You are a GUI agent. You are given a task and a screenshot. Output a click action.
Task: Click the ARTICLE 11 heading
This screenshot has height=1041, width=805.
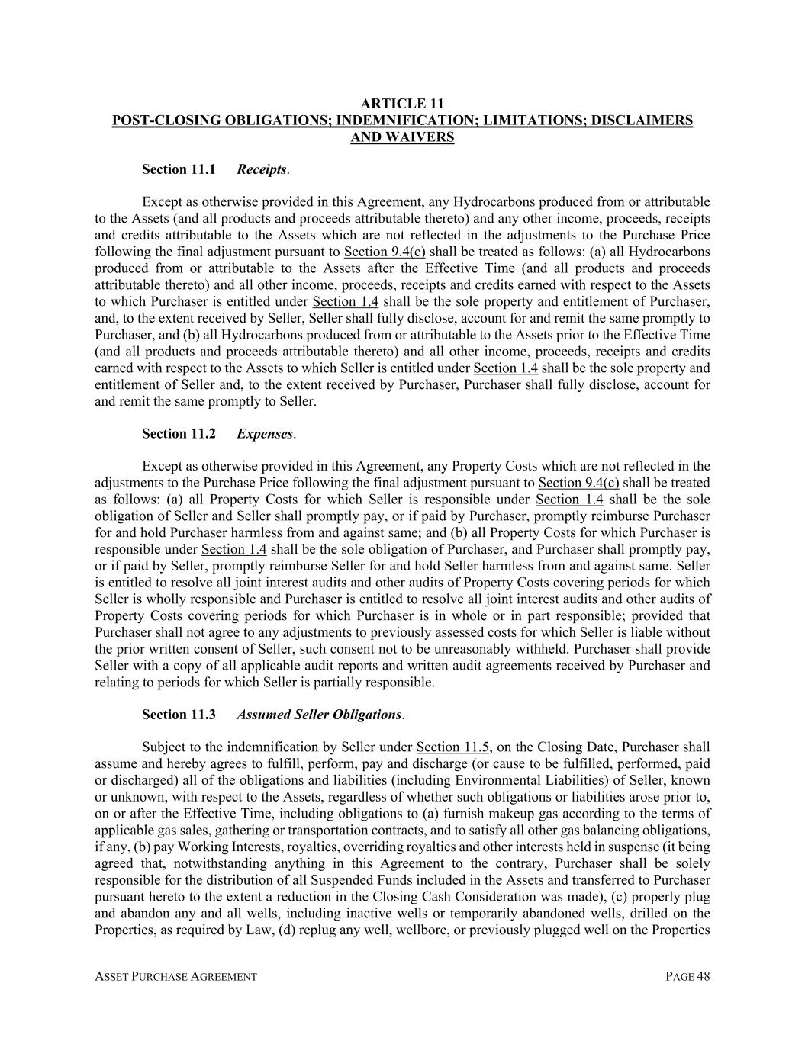[402, 104]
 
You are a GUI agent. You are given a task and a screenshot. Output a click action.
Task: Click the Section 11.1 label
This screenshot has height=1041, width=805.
[179, 169]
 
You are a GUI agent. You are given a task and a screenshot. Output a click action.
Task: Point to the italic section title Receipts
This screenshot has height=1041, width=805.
[262, 169]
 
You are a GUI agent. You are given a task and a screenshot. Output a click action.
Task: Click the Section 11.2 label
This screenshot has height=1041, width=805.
[179, 434]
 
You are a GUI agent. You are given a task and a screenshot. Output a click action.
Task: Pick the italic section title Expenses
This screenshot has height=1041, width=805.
[265, 434]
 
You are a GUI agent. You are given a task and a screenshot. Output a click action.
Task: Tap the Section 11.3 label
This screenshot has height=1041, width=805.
[179, 715]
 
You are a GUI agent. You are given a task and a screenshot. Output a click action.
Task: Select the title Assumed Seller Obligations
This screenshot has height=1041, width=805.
[319, 715]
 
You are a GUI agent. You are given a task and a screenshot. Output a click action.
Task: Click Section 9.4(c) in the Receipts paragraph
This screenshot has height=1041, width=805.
[385, 252]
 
